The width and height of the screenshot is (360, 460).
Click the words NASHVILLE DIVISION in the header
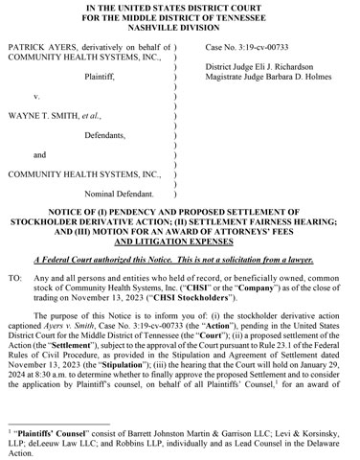(179, 29)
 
